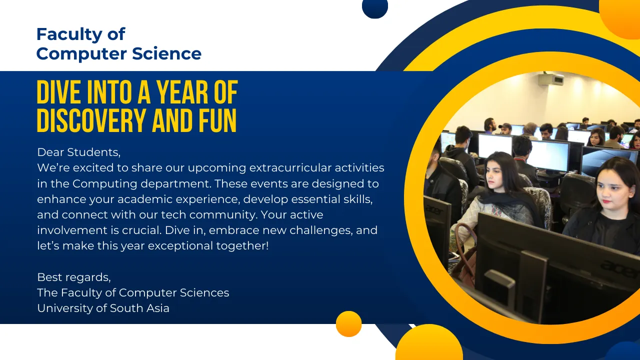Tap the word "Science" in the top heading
click(166, 53)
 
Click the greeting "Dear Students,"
click(79, 152)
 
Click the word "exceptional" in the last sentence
click(180, 246)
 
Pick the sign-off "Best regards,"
click(74, 277)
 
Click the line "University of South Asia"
click(103, 308)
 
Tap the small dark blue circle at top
click(375, 7)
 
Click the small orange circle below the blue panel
click(348, 323)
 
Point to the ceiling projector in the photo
click(551, 78)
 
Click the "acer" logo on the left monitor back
click(434, 211)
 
